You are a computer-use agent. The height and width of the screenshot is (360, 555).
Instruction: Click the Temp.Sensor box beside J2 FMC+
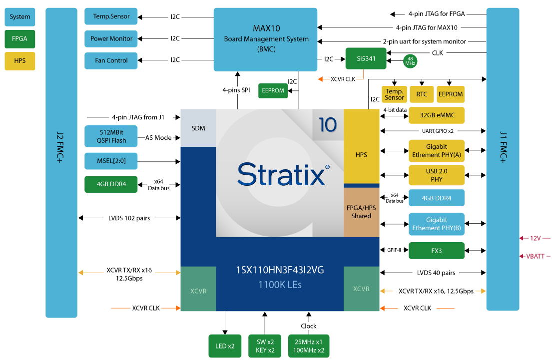111,16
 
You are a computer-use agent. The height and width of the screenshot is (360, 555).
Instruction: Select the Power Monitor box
111,38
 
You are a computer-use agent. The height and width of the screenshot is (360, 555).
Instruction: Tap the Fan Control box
111,60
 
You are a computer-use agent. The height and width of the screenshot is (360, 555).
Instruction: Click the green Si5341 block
366,59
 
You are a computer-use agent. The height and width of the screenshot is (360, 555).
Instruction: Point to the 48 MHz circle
410,61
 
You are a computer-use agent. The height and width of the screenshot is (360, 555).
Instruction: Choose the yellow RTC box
422,94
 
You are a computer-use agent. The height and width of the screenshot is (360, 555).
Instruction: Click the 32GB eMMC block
436,115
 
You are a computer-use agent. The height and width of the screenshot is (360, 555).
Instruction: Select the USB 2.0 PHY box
436,175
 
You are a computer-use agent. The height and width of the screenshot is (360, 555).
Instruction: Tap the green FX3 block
436,251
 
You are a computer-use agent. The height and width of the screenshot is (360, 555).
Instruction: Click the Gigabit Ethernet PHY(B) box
436,224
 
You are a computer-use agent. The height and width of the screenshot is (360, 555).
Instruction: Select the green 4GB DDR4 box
111,184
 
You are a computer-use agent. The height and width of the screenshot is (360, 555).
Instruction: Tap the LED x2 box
224,346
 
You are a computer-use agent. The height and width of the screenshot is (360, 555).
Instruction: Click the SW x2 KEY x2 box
265,346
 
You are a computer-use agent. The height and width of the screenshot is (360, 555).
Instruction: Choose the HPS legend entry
20,61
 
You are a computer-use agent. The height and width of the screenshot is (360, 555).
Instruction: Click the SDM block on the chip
198,128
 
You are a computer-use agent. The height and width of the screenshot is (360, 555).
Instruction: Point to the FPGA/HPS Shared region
361,212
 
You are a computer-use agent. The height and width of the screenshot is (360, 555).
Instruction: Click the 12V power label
535,239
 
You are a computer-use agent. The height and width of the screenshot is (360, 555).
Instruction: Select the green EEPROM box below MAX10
273,90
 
